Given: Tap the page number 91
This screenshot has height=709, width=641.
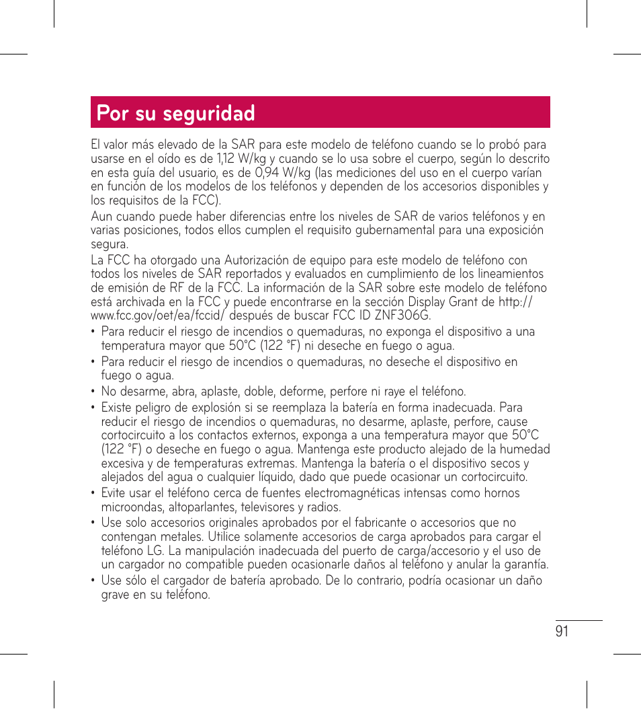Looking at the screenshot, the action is point(562,630).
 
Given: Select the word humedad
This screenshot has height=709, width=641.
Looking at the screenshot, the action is point(525,449).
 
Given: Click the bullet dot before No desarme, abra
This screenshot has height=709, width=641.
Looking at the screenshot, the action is point(93,391).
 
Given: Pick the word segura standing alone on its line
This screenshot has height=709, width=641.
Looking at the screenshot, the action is point(109,244).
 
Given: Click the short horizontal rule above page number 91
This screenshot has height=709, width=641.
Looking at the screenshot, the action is point(579,621).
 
